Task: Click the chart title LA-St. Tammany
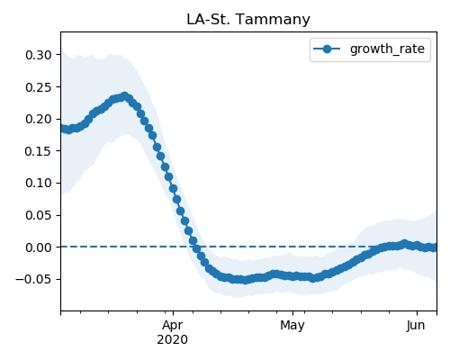pyautogui.click(x=248, y=20)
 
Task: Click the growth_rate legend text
pyautogui.click(x=387, y=49)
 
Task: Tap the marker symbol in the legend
pyautogui.click(x=327, y=49)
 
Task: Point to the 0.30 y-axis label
pyautogui.click(x=39, y=55)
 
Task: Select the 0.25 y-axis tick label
pyautogui.click(x=39, y=87)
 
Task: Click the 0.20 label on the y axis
pyautogui.click(x=39, y=119)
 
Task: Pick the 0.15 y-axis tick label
pyautogui.click(x=39, y=151)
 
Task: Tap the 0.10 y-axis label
pyautogui.click(x=39, y=183)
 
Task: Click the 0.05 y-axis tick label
pyautogui.click(x=39, y=215)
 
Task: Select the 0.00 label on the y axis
pyautogui.click(x=39, y=247)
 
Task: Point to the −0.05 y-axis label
pyautogui.click(x=33, y=279)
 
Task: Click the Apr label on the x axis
pyautogui.click(x=173, y=326)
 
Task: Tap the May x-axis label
pyautogui.click(x=292, y=326)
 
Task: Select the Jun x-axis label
pyautogui.click(x=416, y=326)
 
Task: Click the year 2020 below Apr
pyautogui.click(x=173, y=339)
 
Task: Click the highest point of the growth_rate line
pyautogui.click(x=124, y=96)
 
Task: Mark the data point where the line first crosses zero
pyautogui.click(x=196, y=248)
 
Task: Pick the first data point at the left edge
pyautogui.click(x=62, y=128)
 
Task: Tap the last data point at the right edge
pyautogui.click(x=435, y=247)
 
